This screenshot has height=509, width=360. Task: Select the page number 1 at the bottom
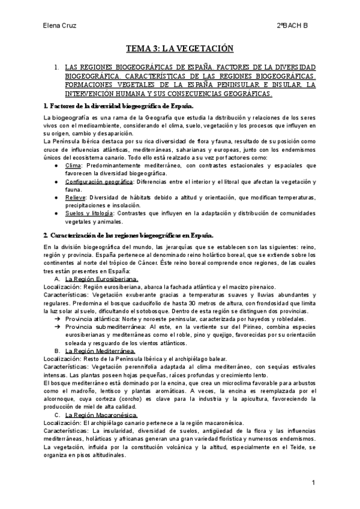313,483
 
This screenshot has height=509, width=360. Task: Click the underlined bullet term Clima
73,164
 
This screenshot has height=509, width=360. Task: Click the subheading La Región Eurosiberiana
101,279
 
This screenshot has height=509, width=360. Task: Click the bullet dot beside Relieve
56,197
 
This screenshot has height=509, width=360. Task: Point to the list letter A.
56,279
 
